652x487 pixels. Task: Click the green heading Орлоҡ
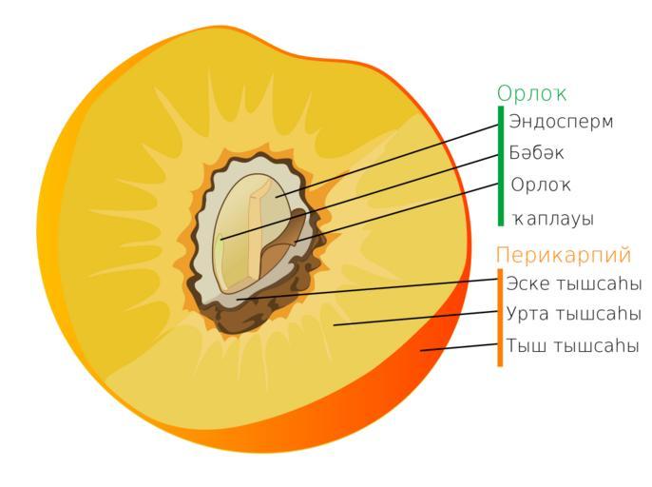coord(532,93)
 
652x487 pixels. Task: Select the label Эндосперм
coord(561,122)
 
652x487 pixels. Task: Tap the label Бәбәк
coord(536,153)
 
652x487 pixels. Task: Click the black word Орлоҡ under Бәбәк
coord(541,185)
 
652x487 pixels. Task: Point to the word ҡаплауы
coord(553,219)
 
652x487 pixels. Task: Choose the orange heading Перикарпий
coord(564,254)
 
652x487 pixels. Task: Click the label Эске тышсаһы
coord(574,283)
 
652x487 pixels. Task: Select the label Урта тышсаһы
coord(573,314)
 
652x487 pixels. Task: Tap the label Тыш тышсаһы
coord(572,345)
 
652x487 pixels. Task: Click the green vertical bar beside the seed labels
coord(501,166)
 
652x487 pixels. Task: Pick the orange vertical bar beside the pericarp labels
coord(500,318)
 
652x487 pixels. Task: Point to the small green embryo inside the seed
coord(220,241)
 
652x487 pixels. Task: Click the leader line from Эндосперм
coord(387,160)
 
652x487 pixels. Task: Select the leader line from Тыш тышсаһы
coord(459,347)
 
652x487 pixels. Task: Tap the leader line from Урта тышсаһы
coord(416,318)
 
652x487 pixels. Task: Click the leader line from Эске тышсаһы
coord(368,289)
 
